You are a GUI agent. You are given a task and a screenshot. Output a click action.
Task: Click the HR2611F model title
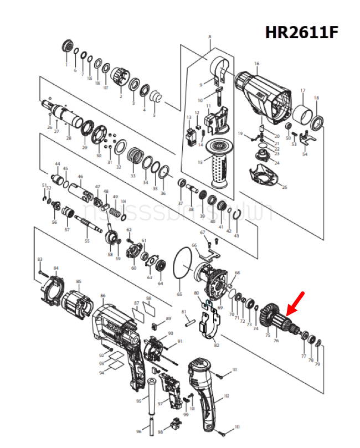coord(301,33)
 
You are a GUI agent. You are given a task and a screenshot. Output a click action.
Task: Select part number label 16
coord(256,64)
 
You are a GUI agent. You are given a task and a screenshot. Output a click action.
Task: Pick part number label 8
coord(210,37)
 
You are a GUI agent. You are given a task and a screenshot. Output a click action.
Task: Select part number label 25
coord(285,187)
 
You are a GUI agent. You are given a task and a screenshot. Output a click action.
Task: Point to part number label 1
coord(66,65)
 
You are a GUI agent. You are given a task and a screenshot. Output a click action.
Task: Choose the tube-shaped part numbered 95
coord(150,398)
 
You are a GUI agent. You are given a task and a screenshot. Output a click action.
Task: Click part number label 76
coord(276,341)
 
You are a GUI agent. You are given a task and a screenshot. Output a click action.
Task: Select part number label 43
coord(236,236)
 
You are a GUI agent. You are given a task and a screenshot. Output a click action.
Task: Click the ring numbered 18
coord(317,122)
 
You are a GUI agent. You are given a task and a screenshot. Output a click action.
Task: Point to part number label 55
coord(86,241)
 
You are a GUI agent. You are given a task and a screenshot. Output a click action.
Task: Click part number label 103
coord(236,426)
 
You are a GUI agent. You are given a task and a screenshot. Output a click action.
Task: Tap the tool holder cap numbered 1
coord(68,47)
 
